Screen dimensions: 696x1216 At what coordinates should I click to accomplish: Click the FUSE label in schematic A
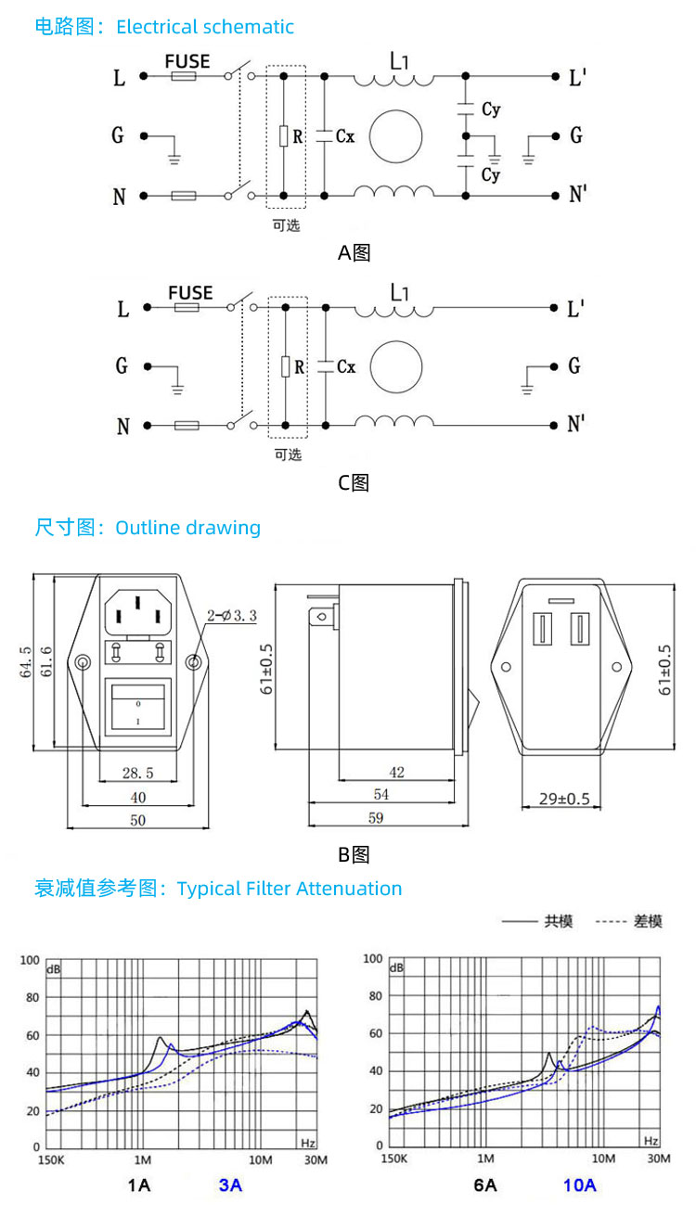point(187,61)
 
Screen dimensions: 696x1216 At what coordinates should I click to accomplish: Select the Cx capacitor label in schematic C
point(346,367)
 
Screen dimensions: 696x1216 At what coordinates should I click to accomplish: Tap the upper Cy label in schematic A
point(491,109)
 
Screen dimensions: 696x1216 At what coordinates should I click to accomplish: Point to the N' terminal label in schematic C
point(576,424)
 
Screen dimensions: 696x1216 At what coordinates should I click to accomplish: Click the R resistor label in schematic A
point(298,136)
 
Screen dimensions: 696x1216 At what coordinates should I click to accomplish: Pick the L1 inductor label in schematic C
point(399,292)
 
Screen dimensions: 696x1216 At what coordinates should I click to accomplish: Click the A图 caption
point(354,253)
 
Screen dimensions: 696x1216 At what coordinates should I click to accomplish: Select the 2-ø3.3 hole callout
point(231,616)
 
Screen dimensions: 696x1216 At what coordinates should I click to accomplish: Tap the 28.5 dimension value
point(138,773)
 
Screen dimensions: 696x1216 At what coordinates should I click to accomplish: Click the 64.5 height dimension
point(26,661)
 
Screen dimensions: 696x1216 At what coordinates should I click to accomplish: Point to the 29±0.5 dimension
point(564,799)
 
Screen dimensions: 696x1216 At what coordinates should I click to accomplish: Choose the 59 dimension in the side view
point(376,817)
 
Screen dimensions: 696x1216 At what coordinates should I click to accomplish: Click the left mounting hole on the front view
point(83,662)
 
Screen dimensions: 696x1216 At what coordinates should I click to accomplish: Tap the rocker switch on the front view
point(137,706)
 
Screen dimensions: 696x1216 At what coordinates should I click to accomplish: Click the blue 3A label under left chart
point(230,1185)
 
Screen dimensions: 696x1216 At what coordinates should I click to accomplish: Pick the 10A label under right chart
point(580,1185)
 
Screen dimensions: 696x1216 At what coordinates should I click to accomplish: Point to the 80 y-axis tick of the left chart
point(32,997)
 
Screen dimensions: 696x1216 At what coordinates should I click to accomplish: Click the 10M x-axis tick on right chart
point(603,1158)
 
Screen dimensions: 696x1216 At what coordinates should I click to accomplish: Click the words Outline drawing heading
point(188,528)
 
